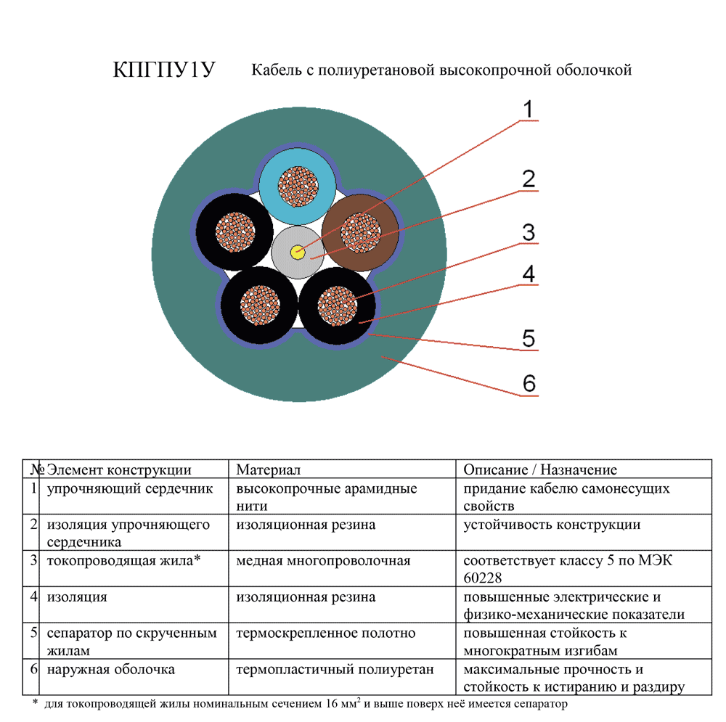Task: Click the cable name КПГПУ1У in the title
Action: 164,70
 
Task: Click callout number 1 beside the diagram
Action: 529,110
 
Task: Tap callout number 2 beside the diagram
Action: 529,179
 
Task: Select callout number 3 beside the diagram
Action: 529,232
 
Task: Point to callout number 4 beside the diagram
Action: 529,274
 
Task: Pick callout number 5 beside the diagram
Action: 529,337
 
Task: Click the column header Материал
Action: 269,470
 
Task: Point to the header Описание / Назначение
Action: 540,470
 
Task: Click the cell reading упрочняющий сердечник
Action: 130,489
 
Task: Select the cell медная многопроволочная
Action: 323,561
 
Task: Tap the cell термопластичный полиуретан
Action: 335,670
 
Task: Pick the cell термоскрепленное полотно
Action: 326,633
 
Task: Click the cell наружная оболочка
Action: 110,670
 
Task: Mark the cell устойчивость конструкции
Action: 552,525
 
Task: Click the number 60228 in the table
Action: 484,578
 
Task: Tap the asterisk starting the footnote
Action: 35,702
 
